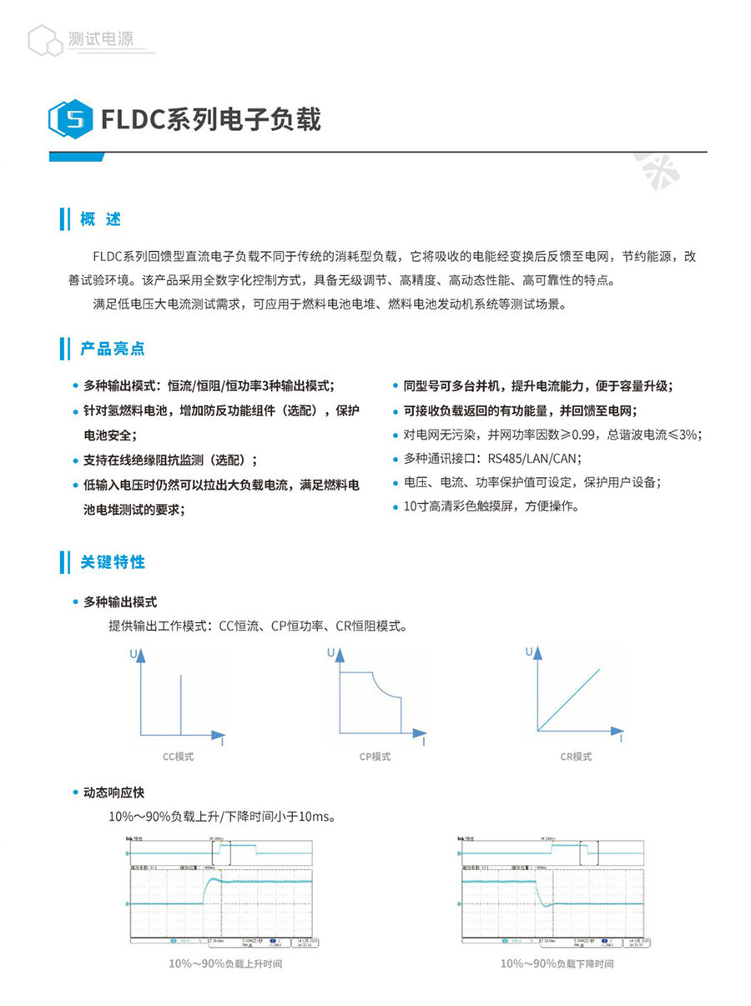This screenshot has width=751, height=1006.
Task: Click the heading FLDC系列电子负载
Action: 210,119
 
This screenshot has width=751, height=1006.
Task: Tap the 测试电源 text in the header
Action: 101,38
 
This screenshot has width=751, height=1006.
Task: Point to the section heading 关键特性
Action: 113,562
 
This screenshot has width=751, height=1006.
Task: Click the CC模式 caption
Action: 178,757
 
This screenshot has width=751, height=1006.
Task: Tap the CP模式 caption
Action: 375,757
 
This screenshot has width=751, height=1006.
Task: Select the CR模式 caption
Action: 576,757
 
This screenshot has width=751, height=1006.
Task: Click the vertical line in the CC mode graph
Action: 181,705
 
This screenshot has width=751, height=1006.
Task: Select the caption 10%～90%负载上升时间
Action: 225,963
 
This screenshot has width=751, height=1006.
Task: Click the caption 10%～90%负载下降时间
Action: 557,963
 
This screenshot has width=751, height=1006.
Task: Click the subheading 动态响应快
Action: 113,792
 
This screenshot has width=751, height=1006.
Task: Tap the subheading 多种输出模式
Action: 120,601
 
